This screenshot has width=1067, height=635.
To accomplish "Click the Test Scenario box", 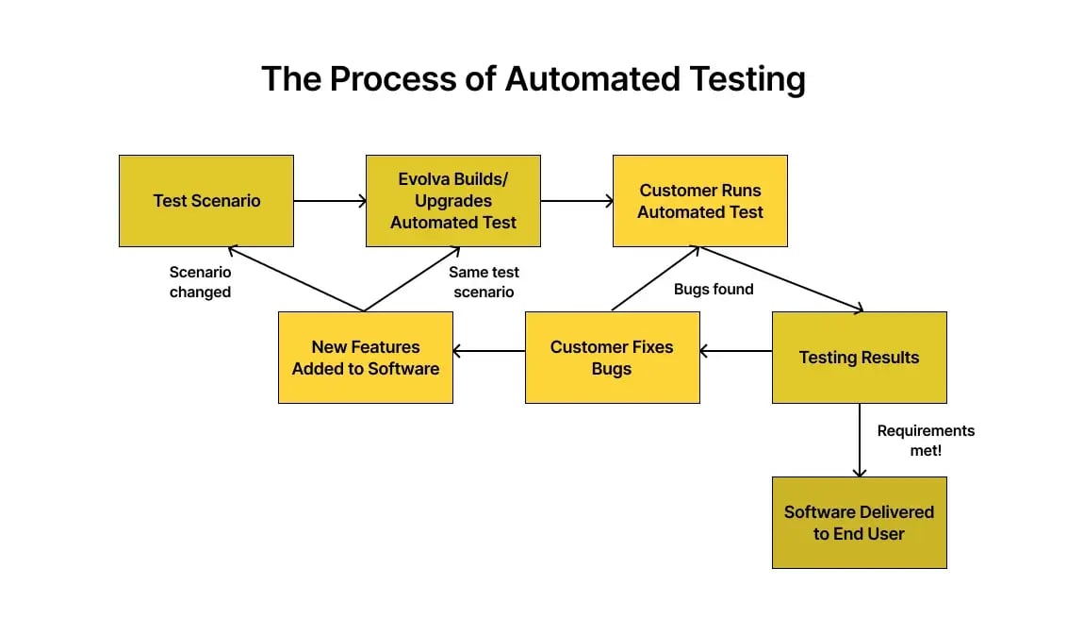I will coord(206,201).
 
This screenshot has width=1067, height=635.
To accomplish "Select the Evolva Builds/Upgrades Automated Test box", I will coord(453,201).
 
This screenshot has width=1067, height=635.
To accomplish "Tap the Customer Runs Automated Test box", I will coord(700,201).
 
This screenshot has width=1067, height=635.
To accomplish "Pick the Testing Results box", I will coord(859,358).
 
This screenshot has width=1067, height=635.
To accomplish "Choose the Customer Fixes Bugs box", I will coord(612,358).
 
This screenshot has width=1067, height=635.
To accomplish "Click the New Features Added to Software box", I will coord(366,358).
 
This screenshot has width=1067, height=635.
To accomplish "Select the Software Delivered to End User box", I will coord(859,523).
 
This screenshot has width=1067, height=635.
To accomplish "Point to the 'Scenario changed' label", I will coord(200,282).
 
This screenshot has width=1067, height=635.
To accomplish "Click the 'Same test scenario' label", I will coord(484,282).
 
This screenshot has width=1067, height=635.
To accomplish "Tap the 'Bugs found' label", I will coord(714,290).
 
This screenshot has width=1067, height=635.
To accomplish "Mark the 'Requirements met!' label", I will coord(926,441).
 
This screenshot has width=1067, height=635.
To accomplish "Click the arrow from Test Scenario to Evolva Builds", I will coord(330,201).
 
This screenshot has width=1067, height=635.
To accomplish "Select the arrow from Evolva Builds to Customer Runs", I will coord(577,201).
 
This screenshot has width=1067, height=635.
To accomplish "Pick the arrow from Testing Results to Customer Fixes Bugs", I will coord(736,351).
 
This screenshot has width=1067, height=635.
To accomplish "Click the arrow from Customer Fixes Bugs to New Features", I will coord(489,351).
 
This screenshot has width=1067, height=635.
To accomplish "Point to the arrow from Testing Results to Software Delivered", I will coord(860,440).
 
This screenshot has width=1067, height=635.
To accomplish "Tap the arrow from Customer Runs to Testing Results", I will coord(782,279).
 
